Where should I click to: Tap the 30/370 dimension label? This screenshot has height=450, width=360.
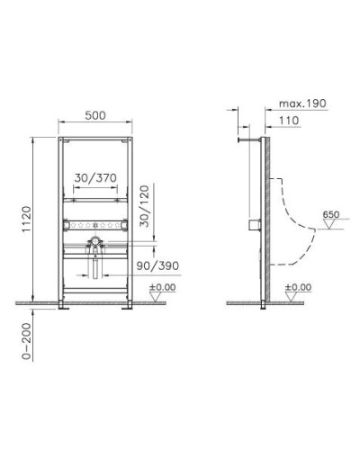click(94, 179)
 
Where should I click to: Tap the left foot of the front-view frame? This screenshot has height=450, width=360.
click(66, 309)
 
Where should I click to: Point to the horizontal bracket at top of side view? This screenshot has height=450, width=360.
click(244, 139)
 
